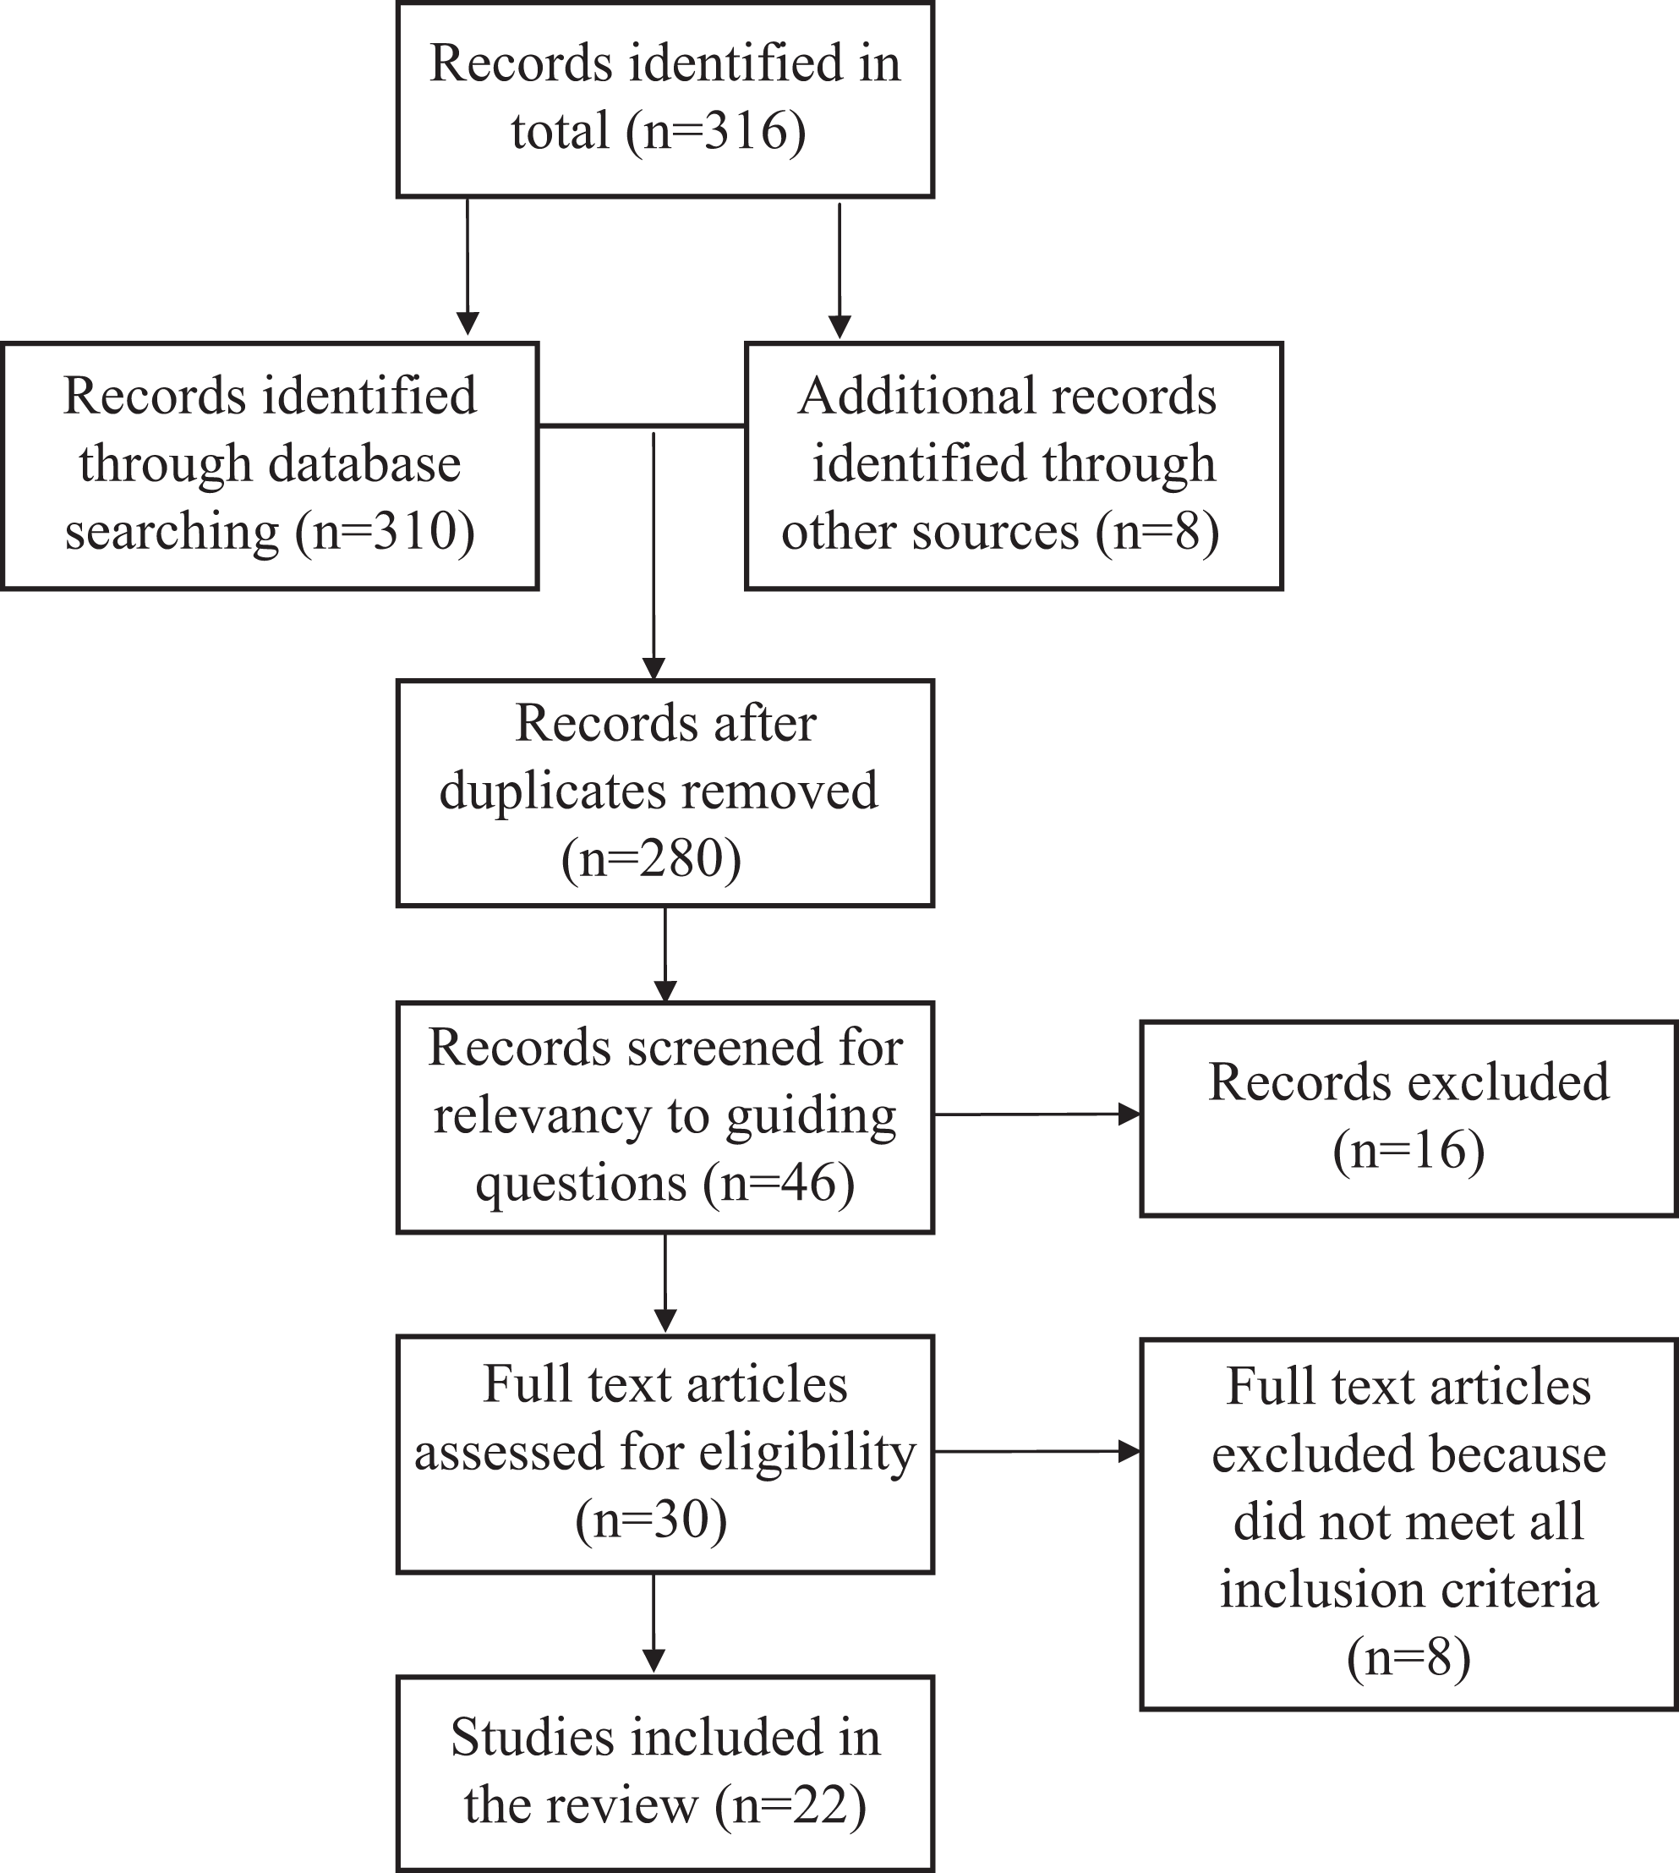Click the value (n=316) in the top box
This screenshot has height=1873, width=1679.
tap(716, 130)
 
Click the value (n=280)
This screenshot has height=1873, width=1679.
tap(651, 859)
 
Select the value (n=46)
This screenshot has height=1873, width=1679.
tap(779, 1184)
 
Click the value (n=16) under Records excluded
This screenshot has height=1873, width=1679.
tap(1408, 1151)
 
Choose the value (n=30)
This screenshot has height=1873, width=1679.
tap(651, 1520)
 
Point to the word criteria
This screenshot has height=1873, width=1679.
tap(1515, 1590)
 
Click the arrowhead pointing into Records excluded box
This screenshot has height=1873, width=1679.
tap(1130, 1114)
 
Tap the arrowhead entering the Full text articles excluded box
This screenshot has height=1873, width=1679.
tap(1130, 1451)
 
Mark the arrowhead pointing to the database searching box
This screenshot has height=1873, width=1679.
tap(468, 324)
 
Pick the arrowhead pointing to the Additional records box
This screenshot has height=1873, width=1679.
tap(839, 326)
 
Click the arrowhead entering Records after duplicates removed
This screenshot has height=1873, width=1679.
tap(654, 668)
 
